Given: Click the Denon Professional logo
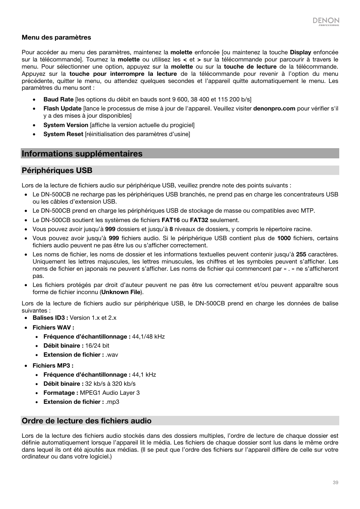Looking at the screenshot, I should tap(326, 21).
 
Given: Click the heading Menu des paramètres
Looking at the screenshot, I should tap(56, 37).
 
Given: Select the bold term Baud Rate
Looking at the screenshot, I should tap(58, 99).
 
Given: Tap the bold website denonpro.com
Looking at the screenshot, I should tap(274, 109).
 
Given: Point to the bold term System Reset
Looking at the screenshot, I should tap(63, 134).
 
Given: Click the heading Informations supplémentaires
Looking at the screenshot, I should tap(82, 153).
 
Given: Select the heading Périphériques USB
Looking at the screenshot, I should tap(57, 170).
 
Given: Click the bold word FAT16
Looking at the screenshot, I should tap(171, 220).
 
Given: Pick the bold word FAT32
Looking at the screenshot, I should tap(199, 220).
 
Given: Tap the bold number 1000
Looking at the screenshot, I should tap(284, 238).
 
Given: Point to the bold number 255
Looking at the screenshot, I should tap(301, 255).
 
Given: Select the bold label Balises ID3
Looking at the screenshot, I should tap(50, 318).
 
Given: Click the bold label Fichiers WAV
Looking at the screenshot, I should tap(53, 328).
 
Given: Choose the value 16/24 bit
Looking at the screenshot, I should tap(97, 346).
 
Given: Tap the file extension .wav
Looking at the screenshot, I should tap(112, 355).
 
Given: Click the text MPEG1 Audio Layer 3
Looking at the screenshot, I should tap(109, 393).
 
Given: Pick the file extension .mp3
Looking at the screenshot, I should tap(112, 402).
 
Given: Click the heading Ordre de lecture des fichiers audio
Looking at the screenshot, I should tap(86, 421).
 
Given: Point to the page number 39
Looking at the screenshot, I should tap(335, 483).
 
